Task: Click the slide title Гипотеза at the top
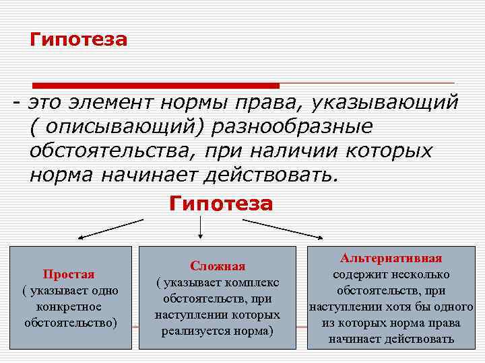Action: [78, 40]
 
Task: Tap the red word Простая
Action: [69, 274]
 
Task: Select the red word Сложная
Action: [218, 266]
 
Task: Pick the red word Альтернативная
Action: [391, 258]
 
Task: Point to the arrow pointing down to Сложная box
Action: [201, 228]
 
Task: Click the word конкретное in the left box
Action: [70, 307]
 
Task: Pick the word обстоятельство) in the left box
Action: [70, 323]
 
